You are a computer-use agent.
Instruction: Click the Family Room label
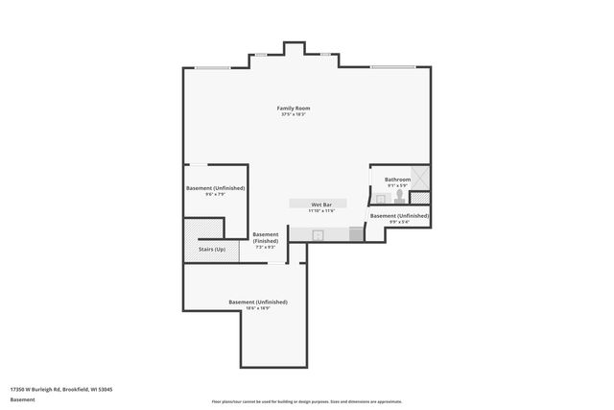pyautogui.click(x=294, y=109)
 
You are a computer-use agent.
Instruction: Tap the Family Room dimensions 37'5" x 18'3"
pyautogui.click(x=294, y=115)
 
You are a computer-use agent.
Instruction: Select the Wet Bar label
pyautogui.click(x=320, y=205)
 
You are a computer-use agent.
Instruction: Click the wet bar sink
pyautogui.click(x=320, y=233)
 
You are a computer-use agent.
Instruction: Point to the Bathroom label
pyautogui.click(x=397, y=180)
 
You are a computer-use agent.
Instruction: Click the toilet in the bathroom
pyautogui.click(x=399, y=195)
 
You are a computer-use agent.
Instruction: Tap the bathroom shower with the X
pyautogui.click(x=420, y=179)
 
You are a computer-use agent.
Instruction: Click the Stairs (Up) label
pyautogui.click(x=212, y=250)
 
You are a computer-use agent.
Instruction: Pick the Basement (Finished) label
pyautogui.click(x=266, y=237)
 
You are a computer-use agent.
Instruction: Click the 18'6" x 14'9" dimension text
pyautogui.click(x=257, y=308)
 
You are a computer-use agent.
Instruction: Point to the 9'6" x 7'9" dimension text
pyautogui.click(x=215, y=195)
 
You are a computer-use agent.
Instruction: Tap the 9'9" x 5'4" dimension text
pyautogui.click(x=399, y=223)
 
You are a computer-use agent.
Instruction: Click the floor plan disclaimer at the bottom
pyautogui.click(x=306, y=401)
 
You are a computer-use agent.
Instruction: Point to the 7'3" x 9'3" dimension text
pyautogui.click(x=266, y=248)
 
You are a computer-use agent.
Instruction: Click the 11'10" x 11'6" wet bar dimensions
pyautogui.click(x=320, y=211)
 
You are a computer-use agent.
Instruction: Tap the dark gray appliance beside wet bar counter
pyautogui.click(x=356, y=233)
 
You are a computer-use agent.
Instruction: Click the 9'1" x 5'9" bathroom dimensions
pyautogui.click(x=397, y=186)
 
